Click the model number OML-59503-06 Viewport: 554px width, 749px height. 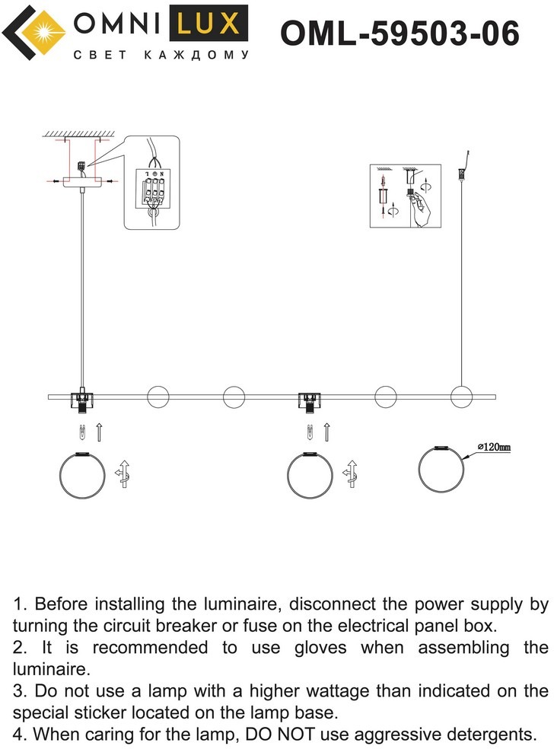click(400, 34)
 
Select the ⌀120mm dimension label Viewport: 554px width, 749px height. click(493, 447)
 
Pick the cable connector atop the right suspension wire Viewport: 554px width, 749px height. click(462, 173)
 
